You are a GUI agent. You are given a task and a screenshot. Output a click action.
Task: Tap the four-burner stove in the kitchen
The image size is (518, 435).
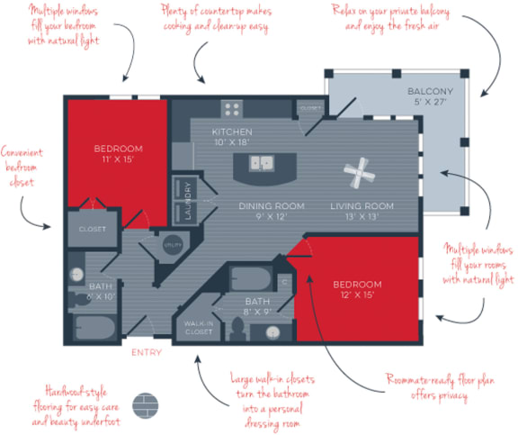click(232, 109)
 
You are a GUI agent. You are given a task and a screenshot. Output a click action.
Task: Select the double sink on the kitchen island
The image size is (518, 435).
click(262, 163)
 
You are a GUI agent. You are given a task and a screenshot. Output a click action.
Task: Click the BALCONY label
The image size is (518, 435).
click(430, 93)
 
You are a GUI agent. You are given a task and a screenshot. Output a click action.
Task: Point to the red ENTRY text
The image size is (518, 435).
click(147, 352)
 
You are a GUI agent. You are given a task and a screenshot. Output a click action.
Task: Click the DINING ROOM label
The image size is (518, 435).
click(263, 205)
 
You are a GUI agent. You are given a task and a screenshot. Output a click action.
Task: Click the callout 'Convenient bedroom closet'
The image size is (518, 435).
click(22, 167)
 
